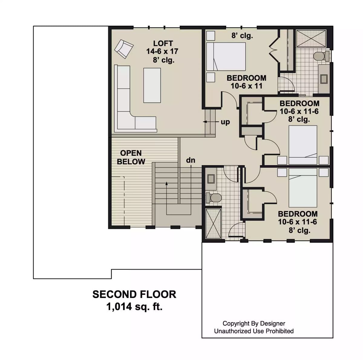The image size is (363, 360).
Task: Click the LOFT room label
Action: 163,44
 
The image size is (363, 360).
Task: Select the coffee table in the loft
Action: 152,85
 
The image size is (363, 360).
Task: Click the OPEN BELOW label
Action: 131,157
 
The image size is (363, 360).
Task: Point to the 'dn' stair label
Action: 191,160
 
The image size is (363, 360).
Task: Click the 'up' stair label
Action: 225,122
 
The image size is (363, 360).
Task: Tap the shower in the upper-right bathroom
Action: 311,38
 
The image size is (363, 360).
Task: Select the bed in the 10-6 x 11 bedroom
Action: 226,57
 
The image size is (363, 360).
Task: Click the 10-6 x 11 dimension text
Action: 246,86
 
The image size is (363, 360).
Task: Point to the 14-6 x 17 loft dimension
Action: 162,51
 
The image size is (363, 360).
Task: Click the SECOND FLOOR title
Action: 134,294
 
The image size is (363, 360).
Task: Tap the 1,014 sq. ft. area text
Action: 134,307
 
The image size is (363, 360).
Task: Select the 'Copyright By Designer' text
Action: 254,323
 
